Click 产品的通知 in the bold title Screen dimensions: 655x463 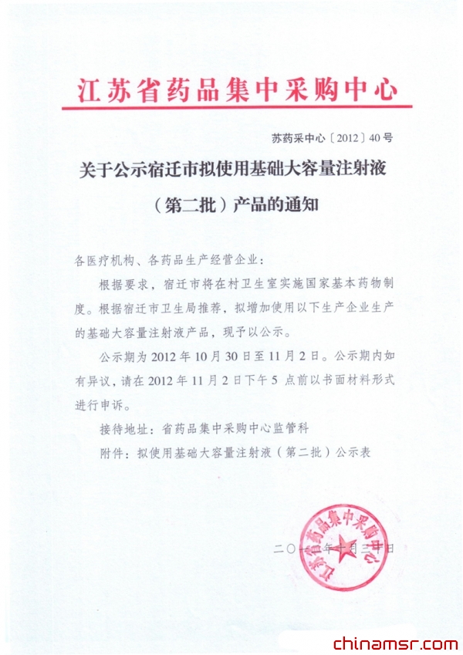275,207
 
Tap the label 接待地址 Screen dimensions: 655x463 123,427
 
